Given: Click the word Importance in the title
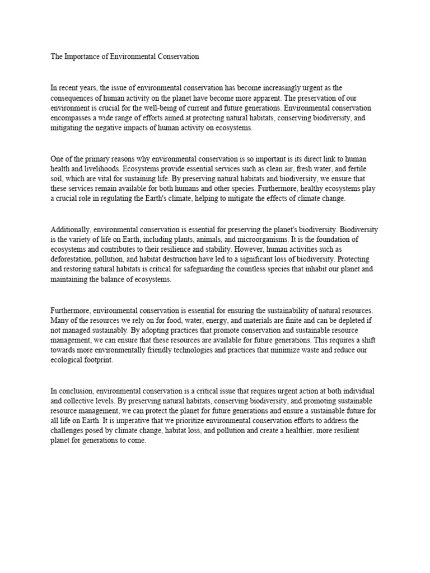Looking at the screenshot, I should click(81, 57).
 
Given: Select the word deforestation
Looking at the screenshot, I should click(71, 260).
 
